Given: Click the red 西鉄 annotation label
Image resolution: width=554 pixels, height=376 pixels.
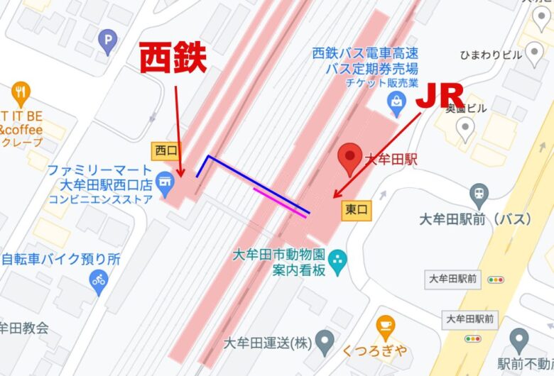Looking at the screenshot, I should pyautogui.click(x=172, y=58).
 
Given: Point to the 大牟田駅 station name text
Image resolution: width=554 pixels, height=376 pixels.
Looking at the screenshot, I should pyautogui.click(x=390, y=160).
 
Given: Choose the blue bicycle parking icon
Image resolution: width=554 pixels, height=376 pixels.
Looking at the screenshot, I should pyautogui.click(x=98, y=281).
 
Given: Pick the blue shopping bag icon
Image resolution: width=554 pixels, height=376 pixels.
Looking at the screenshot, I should pyautogui.click(x=395, y=104).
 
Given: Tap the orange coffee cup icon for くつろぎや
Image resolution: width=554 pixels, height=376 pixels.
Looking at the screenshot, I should pyautogui.click(x=385, y=326).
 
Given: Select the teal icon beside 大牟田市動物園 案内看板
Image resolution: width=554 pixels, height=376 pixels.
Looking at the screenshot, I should pyautogui.click(x=338, y=260).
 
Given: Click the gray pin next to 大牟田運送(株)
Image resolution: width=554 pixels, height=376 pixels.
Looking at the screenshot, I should pyautogui.click(x=325, y=341).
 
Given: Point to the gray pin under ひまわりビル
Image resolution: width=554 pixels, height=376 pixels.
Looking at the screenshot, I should pyautogui.click(x=530, y=55).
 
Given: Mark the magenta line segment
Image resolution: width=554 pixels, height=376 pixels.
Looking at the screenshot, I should pyautogui.click(x=281, y=201).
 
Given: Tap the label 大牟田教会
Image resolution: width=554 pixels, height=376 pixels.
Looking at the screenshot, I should pyautogui.click(x=23, y=328).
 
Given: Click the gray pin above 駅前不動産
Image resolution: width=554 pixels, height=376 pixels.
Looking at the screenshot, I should pyautogui.click(x=521, y=340).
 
